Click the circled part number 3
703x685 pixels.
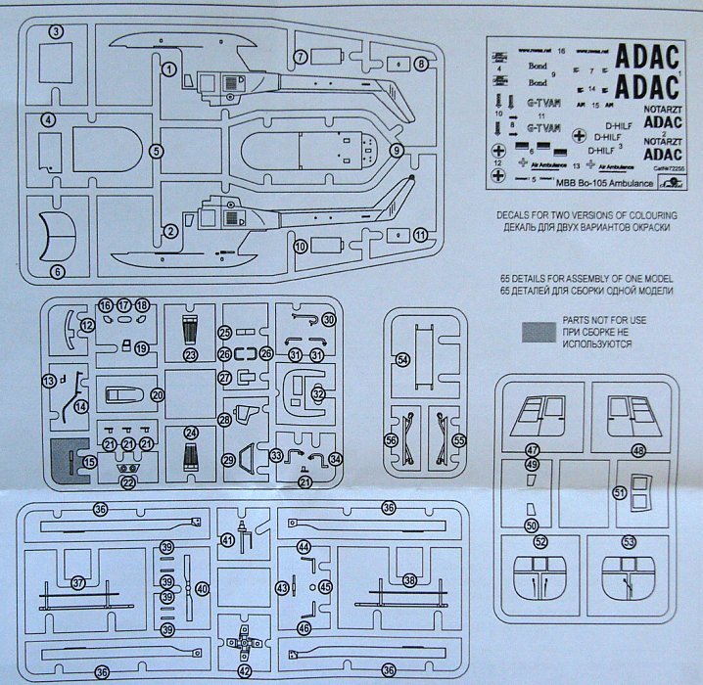pyautogui.click(x=57, y=32)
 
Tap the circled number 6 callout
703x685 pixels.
pyautogui.click(x=57, y=271)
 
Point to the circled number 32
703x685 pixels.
pyautogui.click(x=317, y=393)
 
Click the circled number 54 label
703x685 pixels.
pyautogui.click(x=402, y=361)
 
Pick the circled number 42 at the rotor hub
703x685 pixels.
pyautogui.click(x=245, y=671)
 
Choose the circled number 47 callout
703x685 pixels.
pyautogui.click(x=534, y=449)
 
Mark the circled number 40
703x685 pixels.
pyautogui.click(x=203, y=589)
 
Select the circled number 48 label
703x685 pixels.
pyautogui.click(x=638, y=450)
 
